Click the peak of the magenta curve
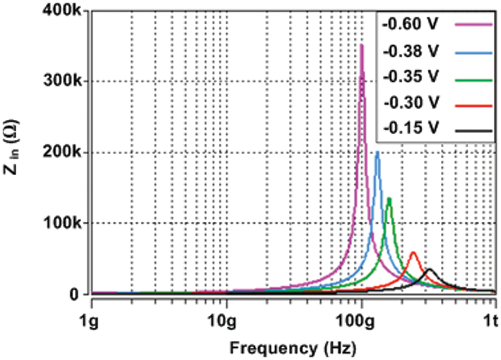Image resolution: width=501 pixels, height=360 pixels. pos(361,45)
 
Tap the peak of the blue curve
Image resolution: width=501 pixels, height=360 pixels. pos(377,152)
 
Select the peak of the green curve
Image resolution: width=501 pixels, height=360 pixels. pos(389,198)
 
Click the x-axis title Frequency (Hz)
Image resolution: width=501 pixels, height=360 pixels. pos(292,348)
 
